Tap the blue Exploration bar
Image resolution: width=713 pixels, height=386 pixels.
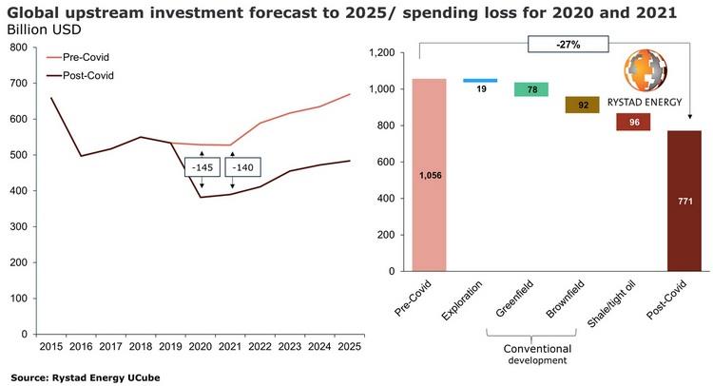[479, 81]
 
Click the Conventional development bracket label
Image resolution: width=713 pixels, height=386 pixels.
[532, 354]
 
